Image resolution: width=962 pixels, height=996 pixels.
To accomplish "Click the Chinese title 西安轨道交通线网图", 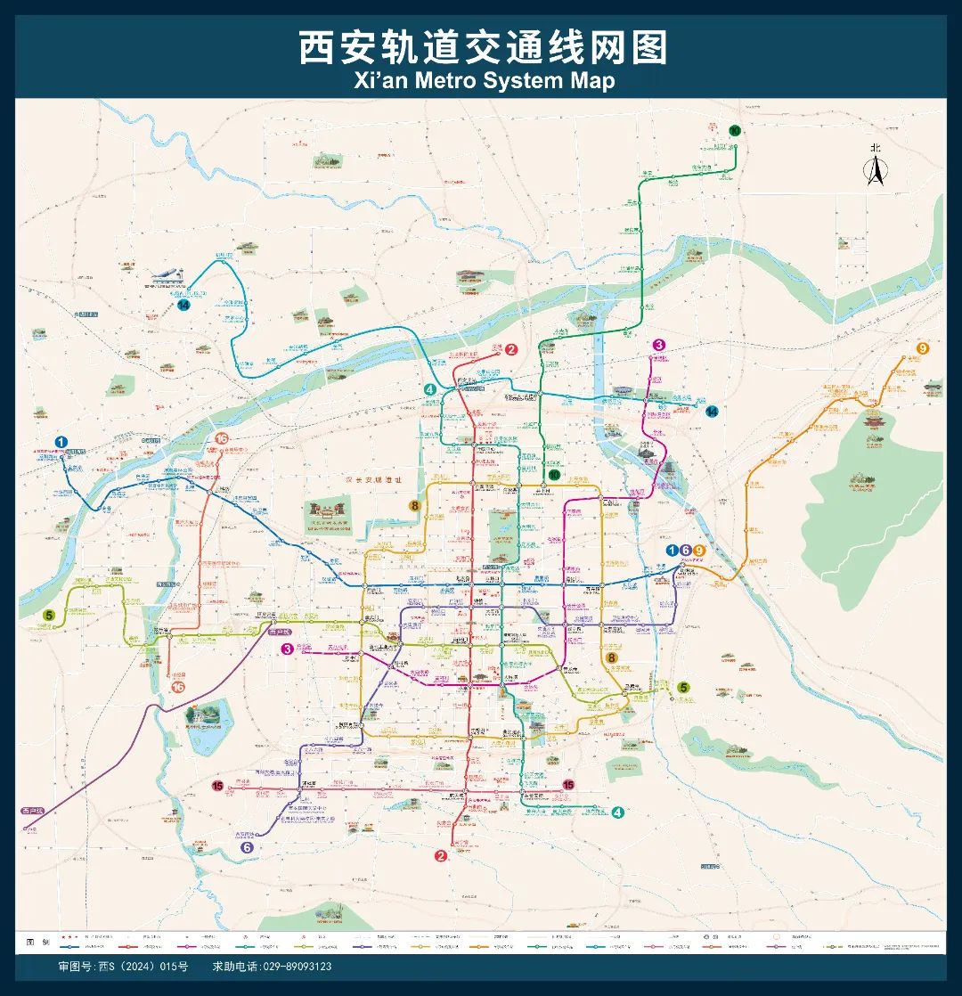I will [481, 48].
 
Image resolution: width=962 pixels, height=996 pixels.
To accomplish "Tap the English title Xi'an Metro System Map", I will [481, 80].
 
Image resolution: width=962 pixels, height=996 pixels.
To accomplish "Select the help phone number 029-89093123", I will [272, 967].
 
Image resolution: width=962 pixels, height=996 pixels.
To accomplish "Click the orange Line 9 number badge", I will [923, 347].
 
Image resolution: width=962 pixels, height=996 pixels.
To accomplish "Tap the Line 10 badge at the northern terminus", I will [735, 131].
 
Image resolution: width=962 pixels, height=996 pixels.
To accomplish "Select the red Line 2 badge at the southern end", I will [440, 856].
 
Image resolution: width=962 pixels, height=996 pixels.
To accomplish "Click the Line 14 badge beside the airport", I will [183, 305].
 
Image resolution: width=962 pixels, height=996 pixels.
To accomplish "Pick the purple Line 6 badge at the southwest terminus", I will [247, 848].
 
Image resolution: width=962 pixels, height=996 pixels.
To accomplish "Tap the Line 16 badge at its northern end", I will [221, 438].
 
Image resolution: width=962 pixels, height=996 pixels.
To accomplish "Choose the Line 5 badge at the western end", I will [49, 615].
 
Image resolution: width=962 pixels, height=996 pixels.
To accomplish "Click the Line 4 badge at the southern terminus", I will [618, 812].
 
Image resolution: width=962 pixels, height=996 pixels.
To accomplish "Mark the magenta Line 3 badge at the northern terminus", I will [659, 345].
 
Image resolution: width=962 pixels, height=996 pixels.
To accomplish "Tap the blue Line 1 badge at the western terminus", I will [61, 441].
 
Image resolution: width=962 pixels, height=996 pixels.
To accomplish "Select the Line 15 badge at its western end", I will [217, 785].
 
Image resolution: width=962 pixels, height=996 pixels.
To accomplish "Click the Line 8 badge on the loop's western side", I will [415, 506].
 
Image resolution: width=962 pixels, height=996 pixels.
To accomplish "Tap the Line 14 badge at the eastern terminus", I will [712, 411].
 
